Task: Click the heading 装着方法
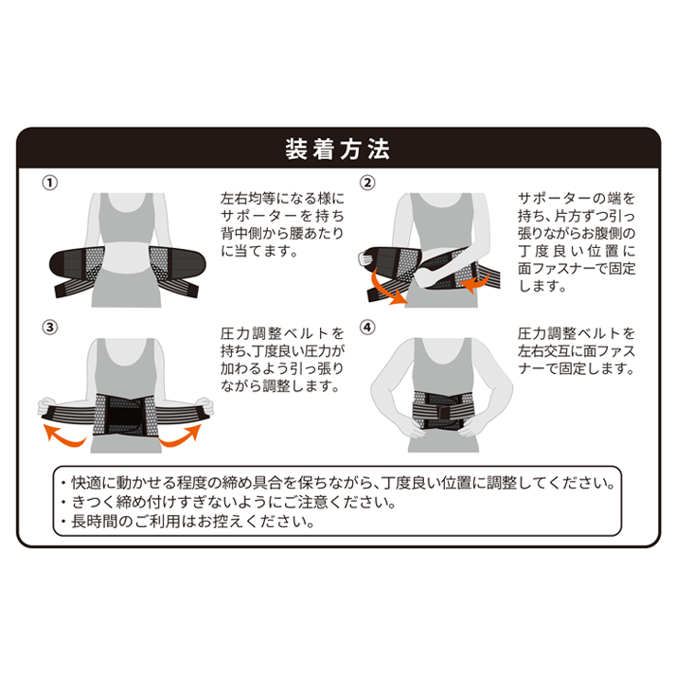pos(337,149)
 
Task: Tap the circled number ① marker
pos(49,183)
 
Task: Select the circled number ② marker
pos(367,183)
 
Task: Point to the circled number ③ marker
pos(49,328)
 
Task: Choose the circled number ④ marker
pos(367,328)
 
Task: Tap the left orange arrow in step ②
pos(385,290)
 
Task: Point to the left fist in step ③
pos(46,406)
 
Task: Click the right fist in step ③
pos(204,406)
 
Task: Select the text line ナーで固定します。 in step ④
pos(576,368)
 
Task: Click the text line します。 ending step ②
pos(542,286)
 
